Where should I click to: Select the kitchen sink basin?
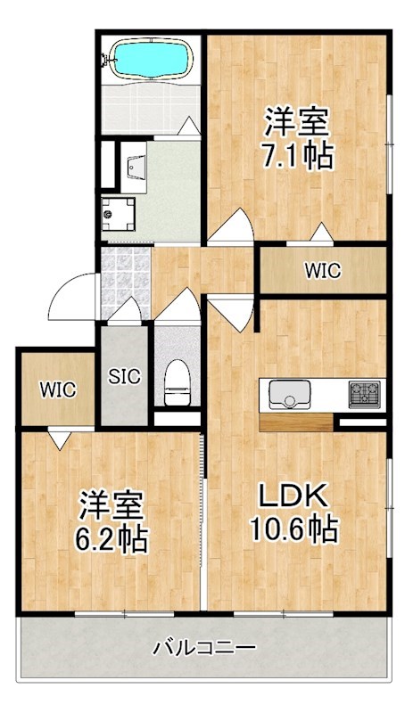290,394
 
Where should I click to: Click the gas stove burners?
364,394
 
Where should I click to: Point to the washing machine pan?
118,214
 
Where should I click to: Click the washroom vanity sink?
135,167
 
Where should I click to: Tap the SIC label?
124,376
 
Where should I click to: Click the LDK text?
293,496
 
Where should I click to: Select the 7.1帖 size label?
297,157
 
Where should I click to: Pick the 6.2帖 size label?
112,540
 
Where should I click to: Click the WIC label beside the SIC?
58,389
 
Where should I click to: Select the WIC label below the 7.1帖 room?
323,271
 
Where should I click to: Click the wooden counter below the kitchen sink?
296,422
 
